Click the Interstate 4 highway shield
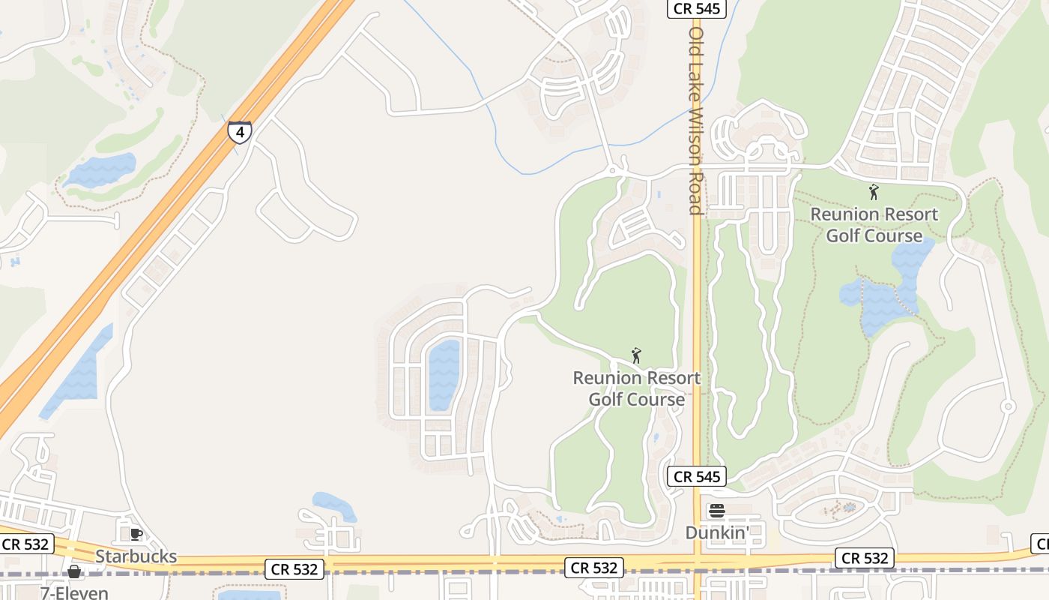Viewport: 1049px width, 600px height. (x=240, y=132)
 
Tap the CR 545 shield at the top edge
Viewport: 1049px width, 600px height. (x=696, y=9)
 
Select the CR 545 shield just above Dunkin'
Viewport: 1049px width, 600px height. (x=696, y=476)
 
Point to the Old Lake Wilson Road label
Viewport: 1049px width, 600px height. (x=696, y=120)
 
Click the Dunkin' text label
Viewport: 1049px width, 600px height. (x=716, y=532)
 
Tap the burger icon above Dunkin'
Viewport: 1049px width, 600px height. (x=717, y=511)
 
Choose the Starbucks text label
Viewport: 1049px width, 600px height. (x=136, y=556)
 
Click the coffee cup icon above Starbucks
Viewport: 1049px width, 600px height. (x=136, y=534)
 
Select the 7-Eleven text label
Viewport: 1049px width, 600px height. (x=74, y=592)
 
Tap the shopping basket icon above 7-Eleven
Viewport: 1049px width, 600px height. (x=74, y=572)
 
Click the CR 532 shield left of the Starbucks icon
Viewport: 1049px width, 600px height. (x=26, y=544)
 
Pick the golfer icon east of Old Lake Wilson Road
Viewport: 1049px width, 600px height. (x=874, y=193)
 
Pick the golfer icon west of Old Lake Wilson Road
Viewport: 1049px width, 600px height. (x=636, y=355)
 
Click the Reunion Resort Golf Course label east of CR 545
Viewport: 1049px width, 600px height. (x=874, y=225)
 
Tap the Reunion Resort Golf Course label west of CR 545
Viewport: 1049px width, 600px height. (x=636, y=388)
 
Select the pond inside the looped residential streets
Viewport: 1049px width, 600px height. (x=444, y=375)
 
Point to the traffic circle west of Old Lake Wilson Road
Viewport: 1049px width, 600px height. (x=613, y=171)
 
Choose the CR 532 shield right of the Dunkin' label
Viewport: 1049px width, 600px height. (x=865, y=558)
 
